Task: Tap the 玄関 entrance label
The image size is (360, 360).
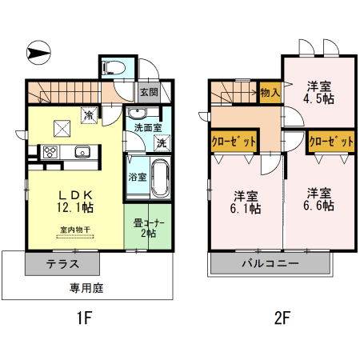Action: click(149, 91)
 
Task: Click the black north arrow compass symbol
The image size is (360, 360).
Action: click(38, 53)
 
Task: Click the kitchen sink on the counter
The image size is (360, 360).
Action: click(82, 152)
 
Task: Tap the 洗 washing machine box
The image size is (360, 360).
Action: click(161, 144)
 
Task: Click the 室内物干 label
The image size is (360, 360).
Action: click(74, 230)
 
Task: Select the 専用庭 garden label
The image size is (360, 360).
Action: click(86, 287)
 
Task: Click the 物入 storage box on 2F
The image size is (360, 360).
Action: click(270, 92)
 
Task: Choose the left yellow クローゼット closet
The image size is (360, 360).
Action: click(234, 141)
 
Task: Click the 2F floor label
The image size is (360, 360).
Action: click(281, 318)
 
